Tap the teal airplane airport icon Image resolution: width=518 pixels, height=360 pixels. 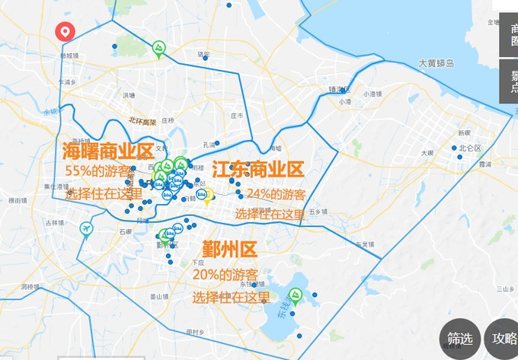click(x=86, y=228)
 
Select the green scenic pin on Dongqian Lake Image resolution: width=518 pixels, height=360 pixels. click(x=296, y=296)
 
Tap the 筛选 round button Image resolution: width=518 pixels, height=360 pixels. click(x=459, y=339)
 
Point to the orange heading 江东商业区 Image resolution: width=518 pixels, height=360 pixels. click(x=257, y=169)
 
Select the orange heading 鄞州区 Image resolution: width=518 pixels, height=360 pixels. click(x=229, y=250)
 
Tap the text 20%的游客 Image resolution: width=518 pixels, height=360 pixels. click(x=225, y=274)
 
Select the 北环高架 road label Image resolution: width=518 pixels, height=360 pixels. click(x=142, y=121)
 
